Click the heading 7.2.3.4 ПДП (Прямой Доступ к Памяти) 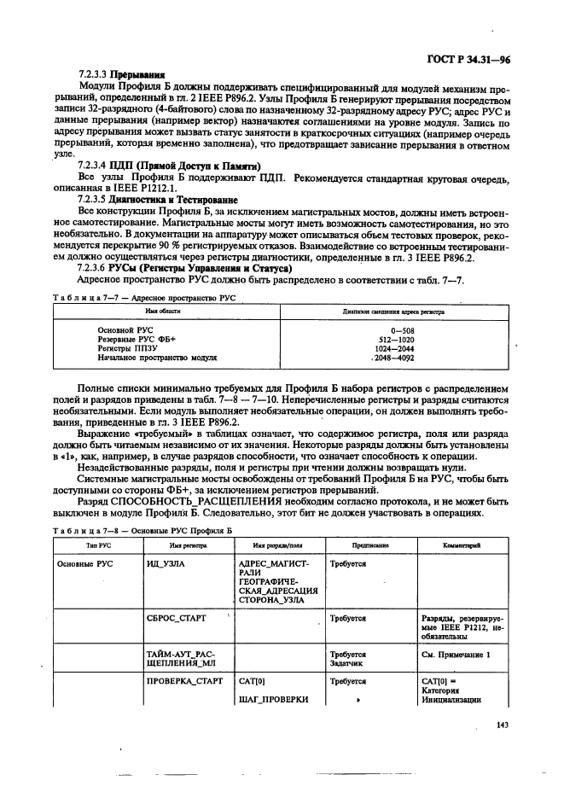[x=169, y=165]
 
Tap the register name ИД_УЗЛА [x=166, y=564]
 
